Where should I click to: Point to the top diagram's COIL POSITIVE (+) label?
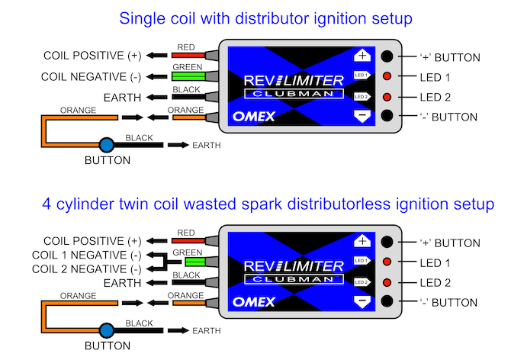pyautogui.click(x=92, y=56)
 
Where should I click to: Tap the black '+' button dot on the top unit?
pyautogui.click(x=388, y=56)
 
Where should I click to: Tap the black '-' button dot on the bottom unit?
pyautogui.click(x=388, y=301)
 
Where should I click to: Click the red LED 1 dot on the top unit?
pyautogui.click(x=388, y=77)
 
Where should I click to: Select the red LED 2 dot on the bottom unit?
pyautogui.click(x=388, y=282)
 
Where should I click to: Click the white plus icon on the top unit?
pyautogui.click(x=362, y=56)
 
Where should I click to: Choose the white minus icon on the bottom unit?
pyautogui.click(x=362, y=301)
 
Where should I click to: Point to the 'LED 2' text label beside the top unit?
pyautogui.click(x=435, y=97)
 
